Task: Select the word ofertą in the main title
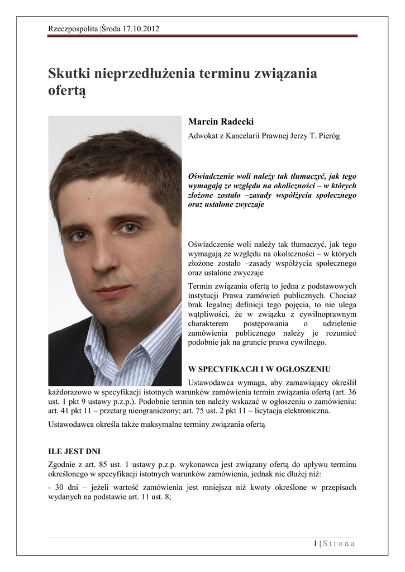coord(67,90)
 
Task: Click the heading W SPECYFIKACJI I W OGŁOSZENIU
coord(260,369)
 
